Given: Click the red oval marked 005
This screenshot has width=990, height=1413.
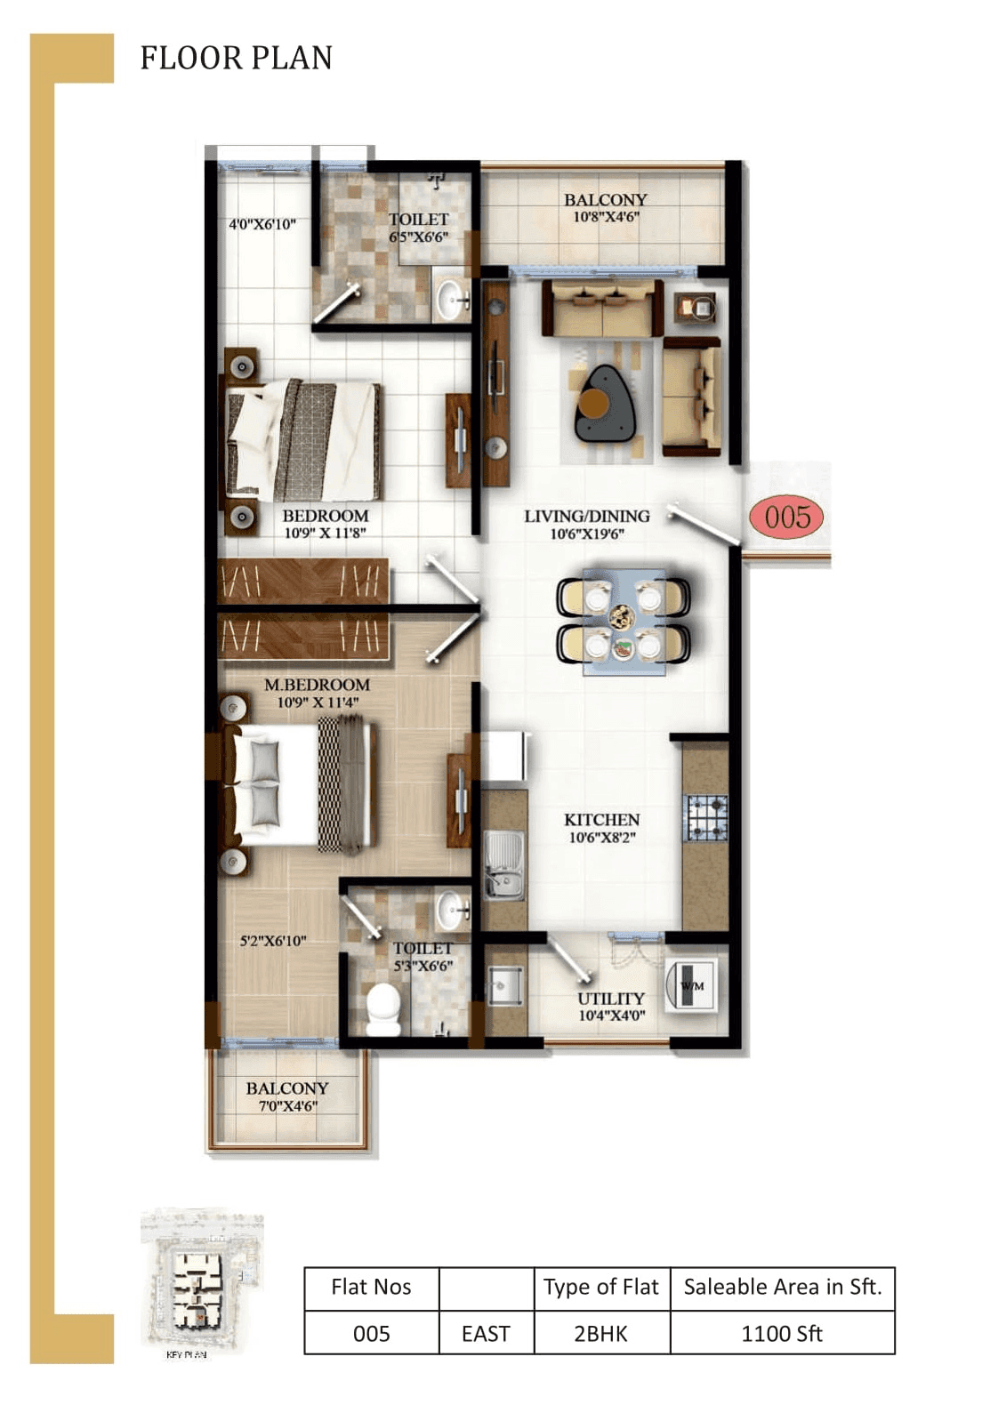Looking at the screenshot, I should (x=786, y=518).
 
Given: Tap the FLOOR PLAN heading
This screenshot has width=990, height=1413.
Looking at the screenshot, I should (x=236, y=59).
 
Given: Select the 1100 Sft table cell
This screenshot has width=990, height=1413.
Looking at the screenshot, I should (x=782, y=1333).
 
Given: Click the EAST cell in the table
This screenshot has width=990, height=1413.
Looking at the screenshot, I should (x=486, y=1333).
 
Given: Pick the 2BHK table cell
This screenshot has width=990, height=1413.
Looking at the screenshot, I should (x=600, y=1333).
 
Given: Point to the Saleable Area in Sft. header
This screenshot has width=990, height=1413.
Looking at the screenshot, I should (x=782, y=1287).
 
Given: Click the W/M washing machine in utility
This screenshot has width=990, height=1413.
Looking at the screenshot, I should (x=692, y=985).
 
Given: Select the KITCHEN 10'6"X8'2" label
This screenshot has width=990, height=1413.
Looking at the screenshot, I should (x=602, y=828).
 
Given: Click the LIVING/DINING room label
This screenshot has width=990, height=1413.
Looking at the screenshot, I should (x=586, y=524).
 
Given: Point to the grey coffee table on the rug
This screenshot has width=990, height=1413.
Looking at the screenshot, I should (x=605, y=405).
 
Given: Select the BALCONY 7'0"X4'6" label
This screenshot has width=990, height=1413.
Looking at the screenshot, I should (x=286, y=1096).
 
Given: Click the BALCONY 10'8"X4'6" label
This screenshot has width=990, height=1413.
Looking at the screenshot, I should (x=605, y=207).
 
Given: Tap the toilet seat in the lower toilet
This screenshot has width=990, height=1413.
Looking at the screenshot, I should (x=384, y=1009).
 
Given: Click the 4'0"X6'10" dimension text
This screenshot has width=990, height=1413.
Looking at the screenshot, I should (x=262, y=224).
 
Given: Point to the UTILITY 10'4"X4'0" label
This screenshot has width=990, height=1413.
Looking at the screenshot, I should (x=611, y=1007).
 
